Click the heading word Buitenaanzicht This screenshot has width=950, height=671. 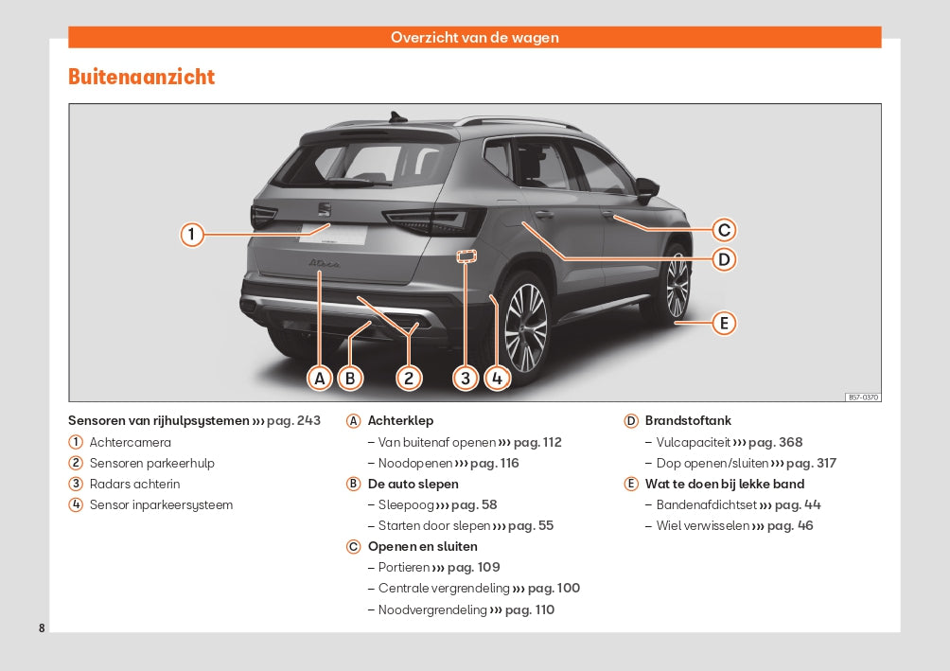[142, 77]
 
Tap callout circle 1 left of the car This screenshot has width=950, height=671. [192, 234]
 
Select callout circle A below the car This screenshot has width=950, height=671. [321, 379]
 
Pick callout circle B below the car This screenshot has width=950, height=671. [350, 379]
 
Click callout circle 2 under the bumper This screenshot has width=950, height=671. [409, 379]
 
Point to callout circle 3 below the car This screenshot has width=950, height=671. [466, 379]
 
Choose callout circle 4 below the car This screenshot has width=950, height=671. [497, 379]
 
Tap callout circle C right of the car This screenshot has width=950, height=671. [724, 230]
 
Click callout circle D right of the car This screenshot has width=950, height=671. [724, 259]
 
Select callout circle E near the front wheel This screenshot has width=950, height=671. [724, 324]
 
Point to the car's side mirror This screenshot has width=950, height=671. [647, 189]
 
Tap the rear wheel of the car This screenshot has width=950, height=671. [523, 327]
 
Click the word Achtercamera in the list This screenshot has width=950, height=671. [130, 442]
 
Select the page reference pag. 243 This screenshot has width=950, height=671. [293, 420]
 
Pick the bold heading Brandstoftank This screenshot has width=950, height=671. [688, 420]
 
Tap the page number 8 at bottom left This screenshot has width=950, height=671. [42, 628]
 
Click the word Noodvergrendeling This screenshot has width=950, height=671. [432, 609]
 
